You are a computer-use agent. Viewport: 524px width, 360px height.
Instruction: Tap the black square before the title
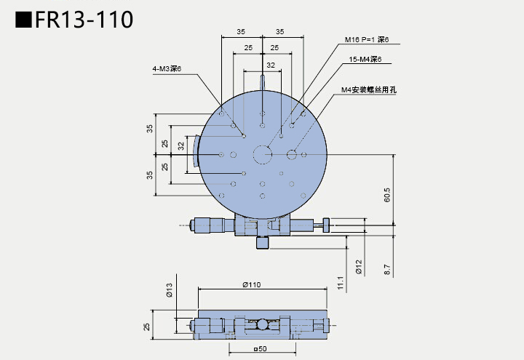click(x=24, y=20)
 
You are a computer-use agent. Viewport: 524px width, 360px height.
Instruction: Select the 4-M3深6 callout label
click(x=167, y=68)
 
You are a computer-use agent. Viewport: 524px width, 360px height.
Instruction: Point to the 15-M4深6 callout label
click(x=365, y=60)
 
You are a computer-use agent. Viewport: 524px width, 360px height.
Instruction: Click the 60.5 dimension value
click(x=388, y=195)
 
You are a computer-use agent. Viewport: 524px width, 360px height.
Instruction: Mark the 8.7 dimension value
click(x=388, y=269)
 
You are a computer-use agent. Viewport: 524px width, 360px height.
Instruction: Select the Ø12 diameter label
click(x=358, y=267)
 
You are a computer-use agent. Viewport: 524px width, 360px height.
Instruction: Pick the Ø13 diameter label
click(x=168, y=291)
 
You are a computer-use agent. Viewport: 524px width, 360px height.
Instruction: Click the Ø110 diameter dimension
click(x=251, y=284)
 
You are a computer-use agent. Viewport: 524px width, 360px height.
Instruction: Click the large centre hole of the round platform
click(x=262, y=153)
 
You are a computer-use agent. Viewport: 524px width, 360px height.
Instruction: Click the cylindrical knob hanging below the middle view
click(x=262, y=243)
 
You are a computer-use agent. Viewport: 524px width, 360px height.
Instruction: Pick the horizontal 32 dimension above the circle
click(x=271, y=65)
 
